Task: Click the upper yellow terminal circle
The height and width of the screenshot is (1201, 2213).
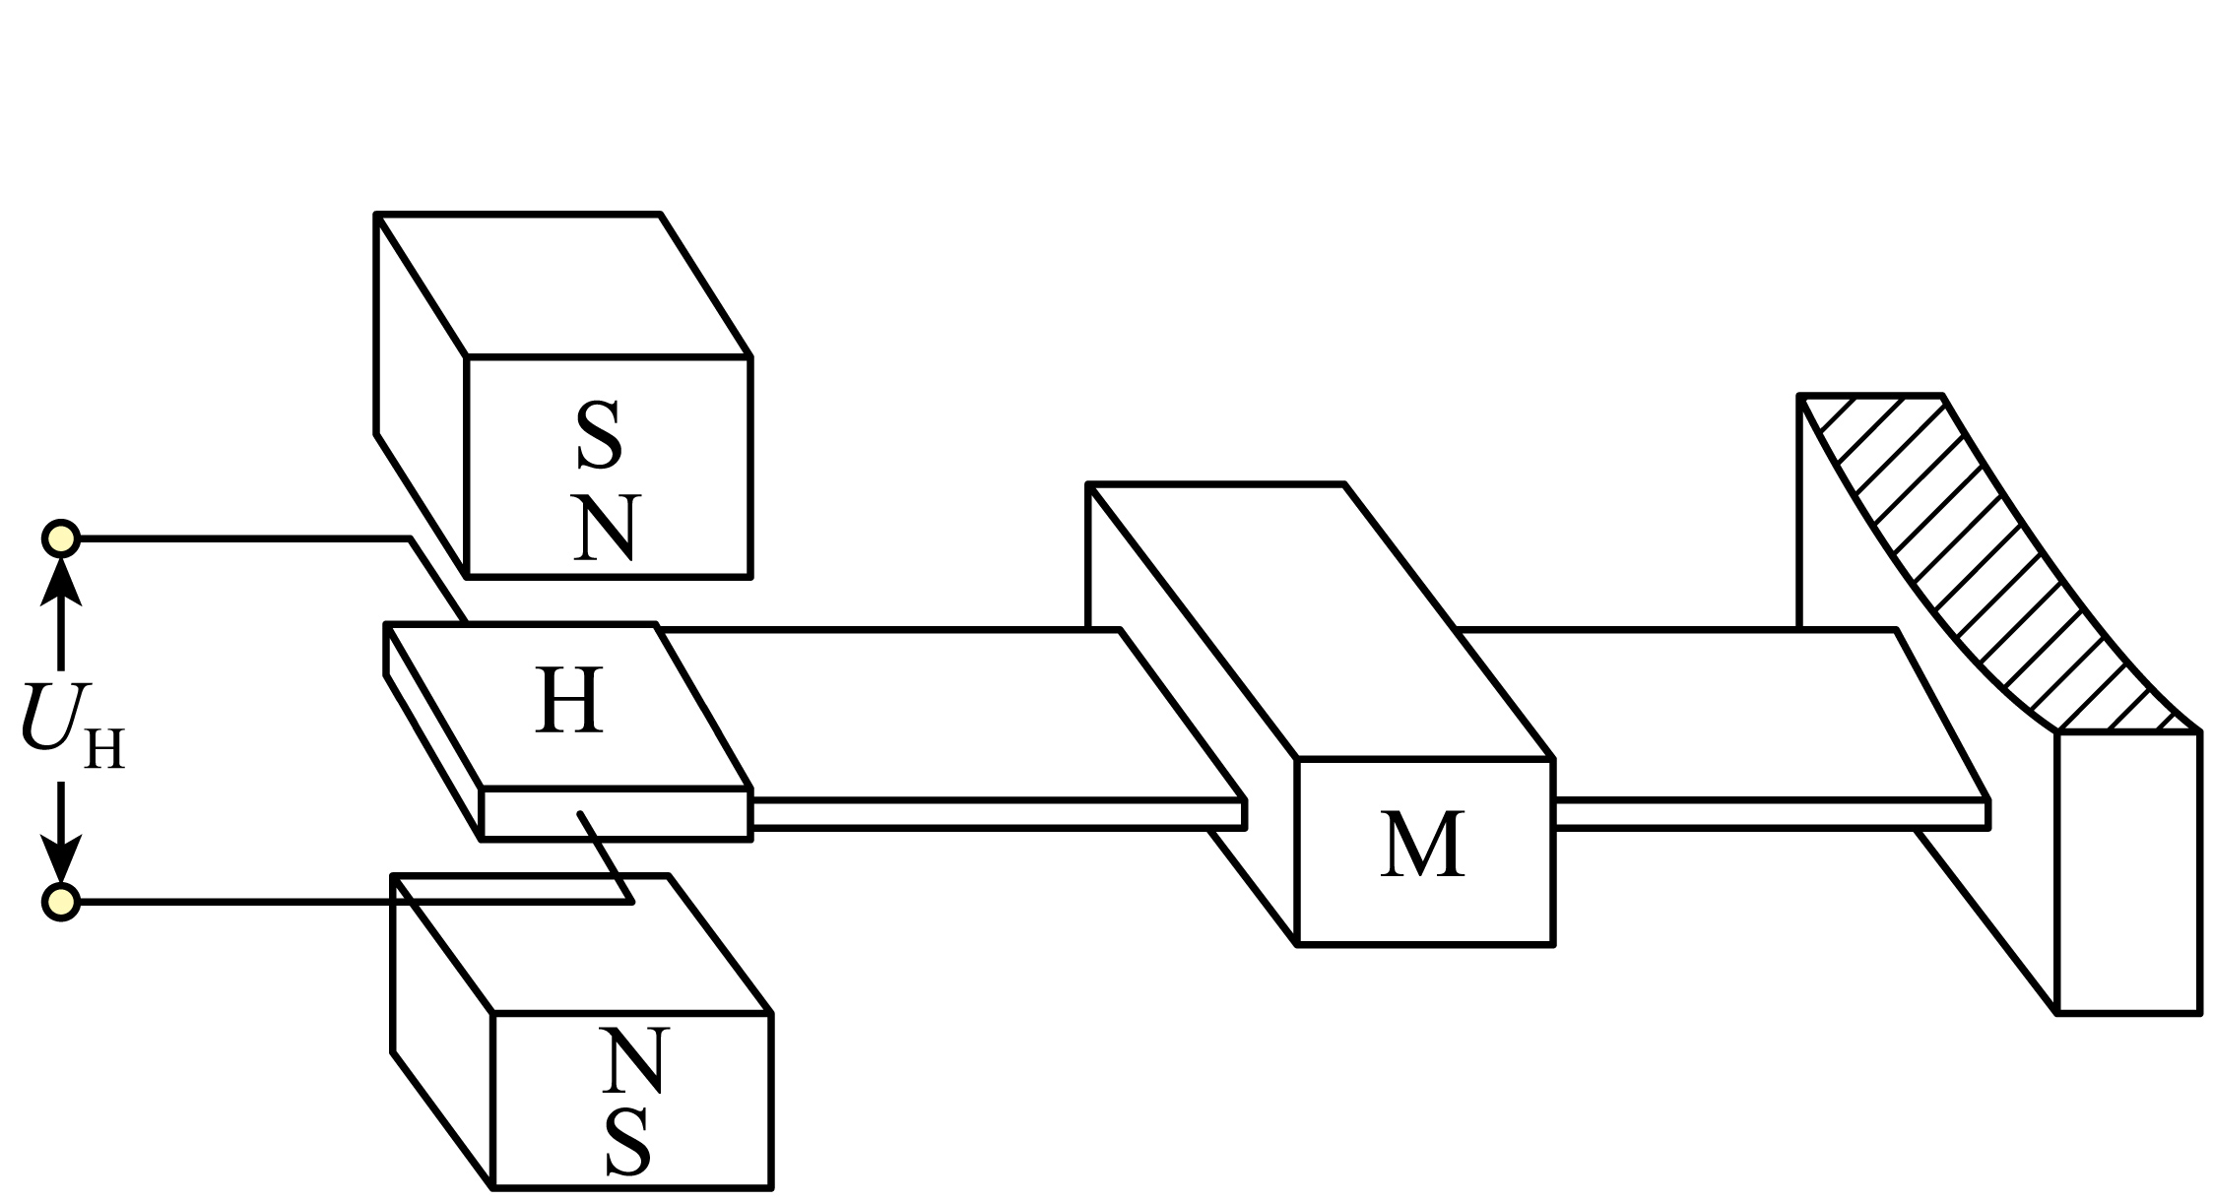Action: [61, 538]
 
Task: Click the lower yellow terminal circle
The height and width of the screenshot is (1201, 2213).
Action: [61, 901]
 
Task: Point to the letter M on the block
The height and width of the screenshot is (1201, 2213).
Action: [1422, 847]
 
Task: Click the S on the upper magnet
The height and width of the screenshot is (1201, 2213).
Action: [599, 436]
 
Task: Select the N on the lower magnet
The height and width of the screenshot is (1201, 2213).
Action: [634, 1059]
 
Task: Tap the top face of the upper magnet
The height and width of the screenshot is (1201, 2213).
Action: [561, 285]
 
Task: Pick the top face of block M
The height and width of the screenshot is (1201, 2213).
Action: [1320, 620]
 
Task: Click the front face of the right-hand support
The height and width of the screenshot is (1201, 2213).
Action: [2127, 871]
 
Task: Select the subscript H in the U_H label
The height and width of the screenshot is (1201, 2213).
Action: [104, 750]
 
